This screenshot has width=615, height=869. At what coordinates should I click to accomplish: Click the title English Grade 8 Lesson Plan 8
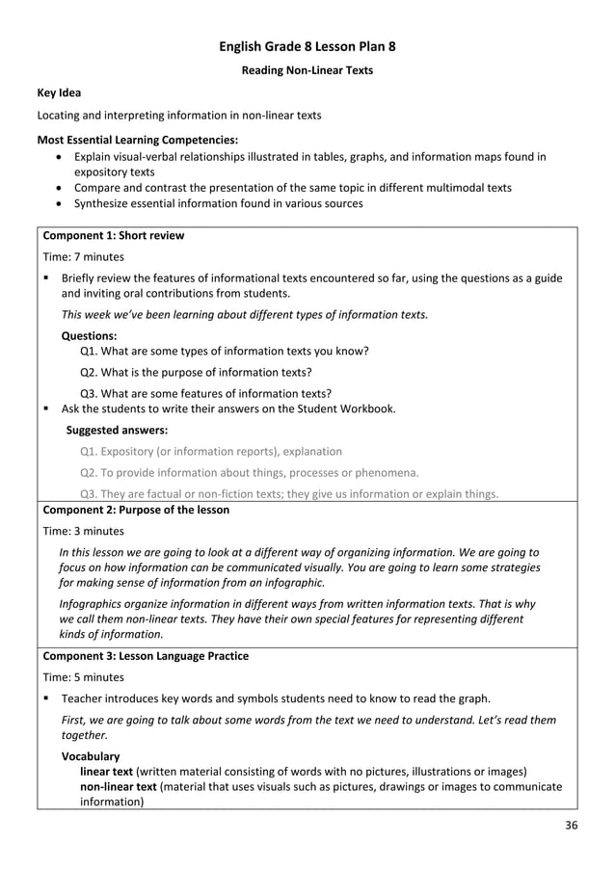tap(307, 46)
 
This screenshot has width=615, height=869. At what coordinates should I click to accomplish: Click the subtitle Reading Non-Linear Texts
tap(307, 70)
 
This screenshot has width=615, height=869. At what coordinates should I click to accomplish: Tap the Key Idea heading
tap(59, 93)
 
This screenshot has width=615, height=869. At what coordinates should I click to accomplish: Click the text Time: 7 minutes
tap(84, 257)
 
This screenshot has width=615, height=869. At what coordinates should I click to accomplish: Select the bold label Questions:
tap(89, 336)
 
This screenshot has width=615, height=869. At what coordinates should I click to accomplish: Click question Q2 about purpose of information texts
tap(196, 372)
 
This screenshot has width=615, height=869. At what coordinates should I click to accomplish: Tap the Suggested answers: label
tap(117, 430)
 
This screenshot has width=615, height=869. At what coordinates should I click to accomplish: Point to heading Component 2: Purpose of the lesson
tap(136, 510)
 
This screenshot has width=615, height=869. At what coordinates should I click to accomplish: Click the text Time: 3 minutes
tap(84, 531)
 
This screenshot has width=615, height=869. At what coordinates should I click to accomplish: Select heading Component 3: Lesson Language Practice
tap(145, 656)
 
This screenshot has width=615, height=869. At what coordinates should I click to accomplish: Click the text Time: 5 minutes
tap(84, 677)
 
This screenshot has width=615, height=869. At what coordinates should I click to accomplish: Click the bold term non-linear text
tap(118, 786)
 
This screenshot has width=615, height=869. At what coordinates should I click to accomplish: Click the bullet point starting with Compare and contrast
tap(292, 187)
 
